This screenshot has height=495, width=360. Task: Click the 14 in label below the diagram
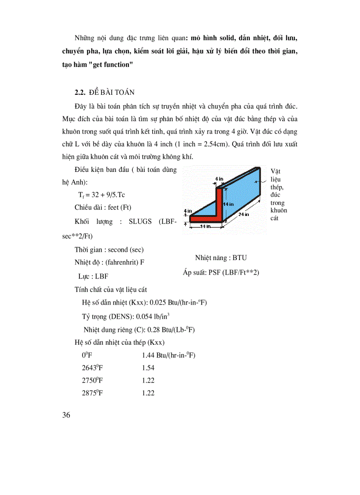click(x=204, y=226)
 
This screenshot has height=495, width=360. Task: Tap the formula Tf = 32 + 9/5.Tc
click(x=102, y=194)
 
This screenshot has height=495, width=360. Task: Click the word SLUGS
click(x=140, y=222)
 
